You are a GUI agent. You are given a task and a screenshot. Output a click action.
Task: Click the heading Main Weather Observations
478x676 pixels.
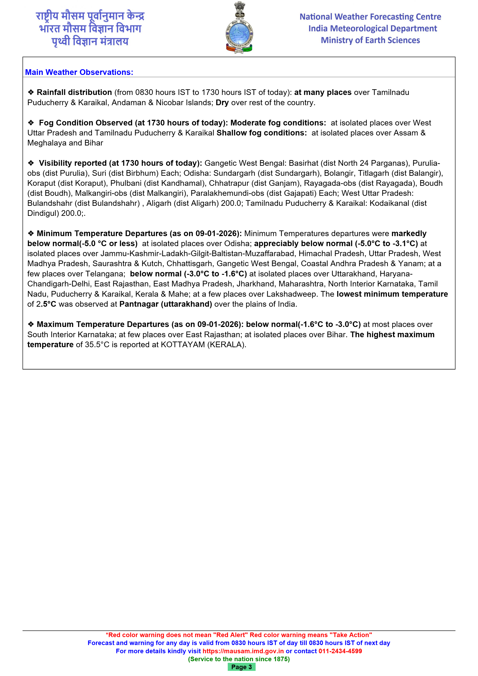79,72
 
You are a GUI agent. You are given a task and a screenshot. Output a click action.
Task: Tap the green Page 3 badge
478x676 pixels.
241,667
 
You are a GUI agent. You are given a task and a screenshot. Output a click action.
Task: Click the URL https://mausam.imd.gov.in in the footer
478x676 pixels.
243,651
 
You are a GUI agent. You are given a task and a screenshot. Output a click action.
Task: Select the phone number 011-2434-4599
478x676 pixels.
340,651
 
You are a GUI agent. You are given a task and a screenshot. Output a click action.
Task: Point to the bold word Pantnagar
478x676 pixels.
139,304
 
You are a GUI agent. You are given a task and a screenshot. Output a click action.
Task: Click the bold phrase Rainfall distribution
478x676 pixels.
74,92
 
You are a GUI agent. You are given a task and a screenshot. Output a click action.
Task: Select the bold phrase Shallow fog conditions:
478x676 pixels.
262,133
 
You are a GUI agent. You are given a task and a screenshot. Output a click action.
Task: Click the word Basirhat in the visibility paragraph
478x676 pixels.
303,163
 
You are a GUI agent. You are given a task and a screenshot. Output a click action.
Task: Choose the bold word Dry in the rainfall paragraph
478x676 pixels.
222,103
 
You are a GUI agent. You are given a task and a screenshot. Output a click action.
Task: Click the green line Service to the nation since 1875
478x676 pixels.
239,659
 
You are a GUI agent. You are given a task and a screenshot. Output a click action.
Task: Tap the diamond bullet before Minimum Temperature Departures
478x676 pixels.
31,233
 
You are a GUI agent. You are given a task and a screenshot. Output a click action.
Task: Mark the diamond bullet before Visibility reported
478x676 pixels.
31,163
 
